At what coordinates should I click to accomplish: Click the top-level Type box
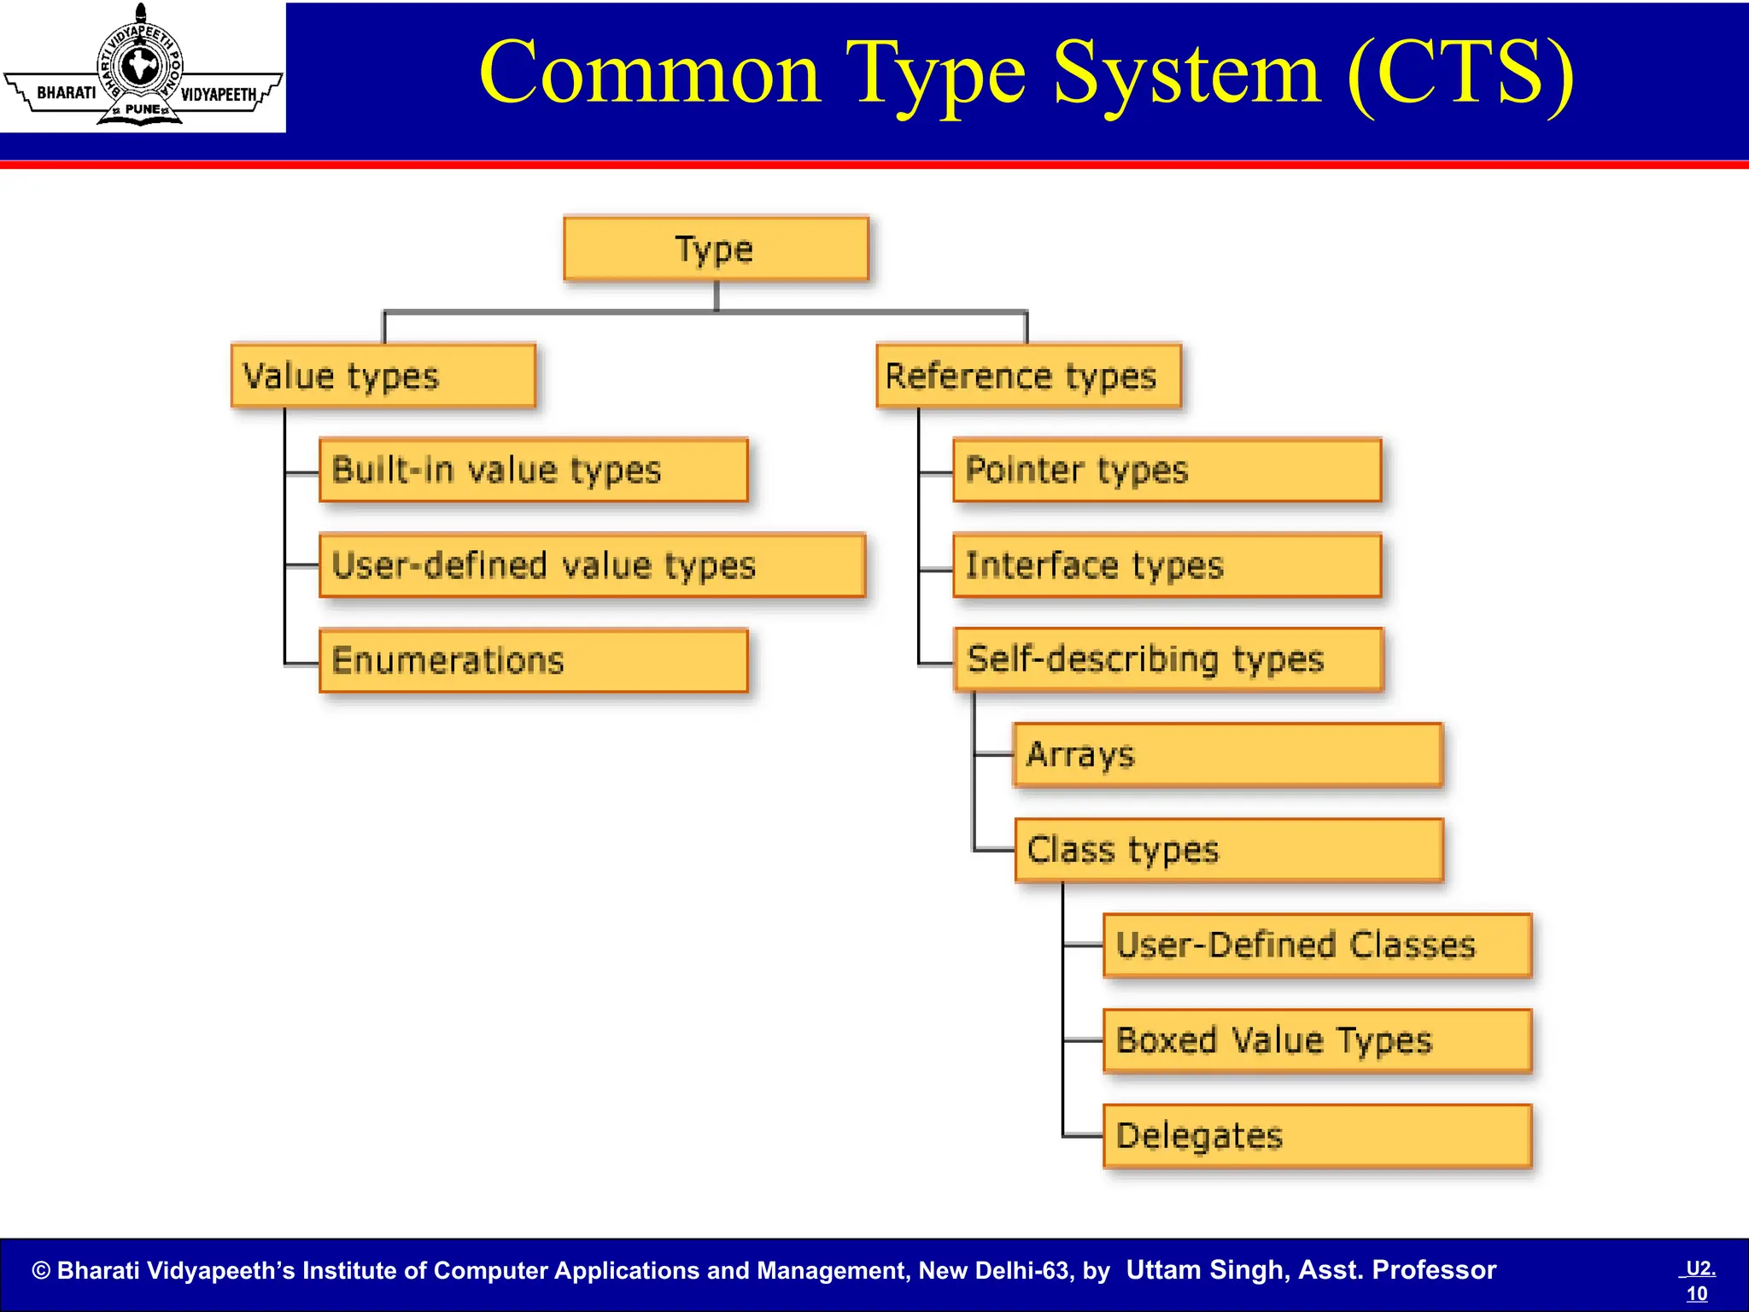(716, 249)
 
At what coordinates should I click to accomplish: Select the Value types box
(383, 376)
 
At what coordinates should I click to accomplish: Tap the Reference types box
(1028, 376)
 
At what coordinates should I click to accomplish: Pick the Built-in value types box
(533, 470)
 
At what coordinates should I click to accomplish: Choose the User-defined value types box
(592, 565)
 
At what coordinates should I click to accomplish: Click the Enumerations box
(533, 660)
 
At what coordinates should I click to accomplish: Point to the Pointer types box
(1167, 470)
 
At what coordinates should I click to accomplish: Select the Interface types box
(1167, 565)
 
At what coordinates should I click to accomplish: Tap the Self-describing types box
(1167, 659)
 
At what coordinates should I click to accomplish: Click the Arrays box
(1227, 755)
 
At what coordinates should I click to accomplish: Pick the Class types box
(1228, 850)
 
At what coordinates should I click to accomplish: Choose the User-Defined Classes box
(1317, 946)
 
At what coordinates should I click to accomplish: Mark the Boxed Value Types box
(1317, 1040)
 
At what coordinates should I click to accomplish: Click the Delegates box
(1317, 1136)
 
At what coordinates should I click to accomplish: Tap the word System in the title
(1187, 75)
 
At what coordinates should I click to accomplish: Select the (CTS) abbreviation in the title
(1460, 75)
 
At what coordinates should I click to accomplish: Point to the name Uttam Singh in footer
(1205, 1270)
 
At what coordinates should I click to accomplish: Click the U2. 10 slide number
(1698, 1280)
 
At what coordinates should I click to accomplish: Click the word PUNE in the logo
(142, 109)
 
